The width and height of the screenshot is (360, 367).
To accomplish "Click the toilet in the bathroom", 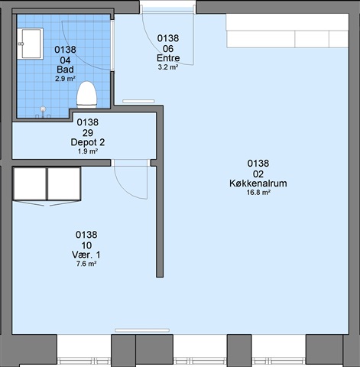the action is pos(87,95).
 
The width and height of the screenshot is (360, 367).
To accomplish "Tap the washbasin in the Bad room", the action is pos(31,44).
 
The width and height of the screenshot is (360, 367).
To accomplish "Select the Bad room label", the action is pos(65,70).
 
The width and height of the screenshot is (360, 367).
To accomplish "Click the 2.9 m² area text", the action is pos(65,79).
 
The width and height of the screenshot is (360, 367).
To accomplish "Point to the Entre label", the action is pos(168,58).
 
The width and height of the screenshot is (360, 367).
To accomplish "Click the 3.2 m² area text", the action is pos(168,67).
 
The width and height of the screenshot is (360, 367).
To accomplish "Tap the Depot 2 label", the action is pos(88,142).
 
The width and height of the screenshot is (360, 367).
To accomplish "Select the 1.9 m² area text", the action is pos(88,151).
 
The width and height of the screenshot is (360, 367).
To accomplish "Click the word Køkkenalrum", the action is pos(258,183).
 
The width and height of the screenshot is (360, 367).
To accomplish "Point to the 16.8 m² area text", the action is pos(258,193).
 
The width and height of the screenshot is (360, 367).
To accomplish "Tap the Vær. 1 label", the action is pos(86,255).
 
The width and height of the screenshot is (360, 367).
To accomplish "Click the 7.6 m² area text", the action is pos(86,264).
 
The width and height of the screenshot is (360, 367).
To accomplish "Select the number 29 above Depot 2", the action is pos(88,133).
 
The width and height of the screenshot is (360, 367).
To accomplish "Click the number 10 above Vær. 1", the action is pos(86,245).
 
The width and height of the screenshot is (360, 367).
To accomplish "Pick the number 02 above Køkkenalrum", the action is pos(258,174).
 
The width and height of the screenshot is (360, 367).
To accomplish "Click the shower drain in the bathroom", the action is pos(44,109).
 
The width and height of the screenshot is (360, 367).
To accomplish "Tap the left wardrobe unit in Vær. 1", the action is pos(30,183).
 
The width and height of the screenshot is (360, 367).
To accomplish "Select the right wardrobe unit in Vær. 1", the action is pos(64,183).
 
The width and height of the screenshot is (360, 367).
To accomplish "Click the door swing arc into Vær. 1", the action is pos(125,188).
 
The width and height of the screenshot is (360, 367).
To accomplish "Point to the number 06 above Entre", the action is pos(168,49).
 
